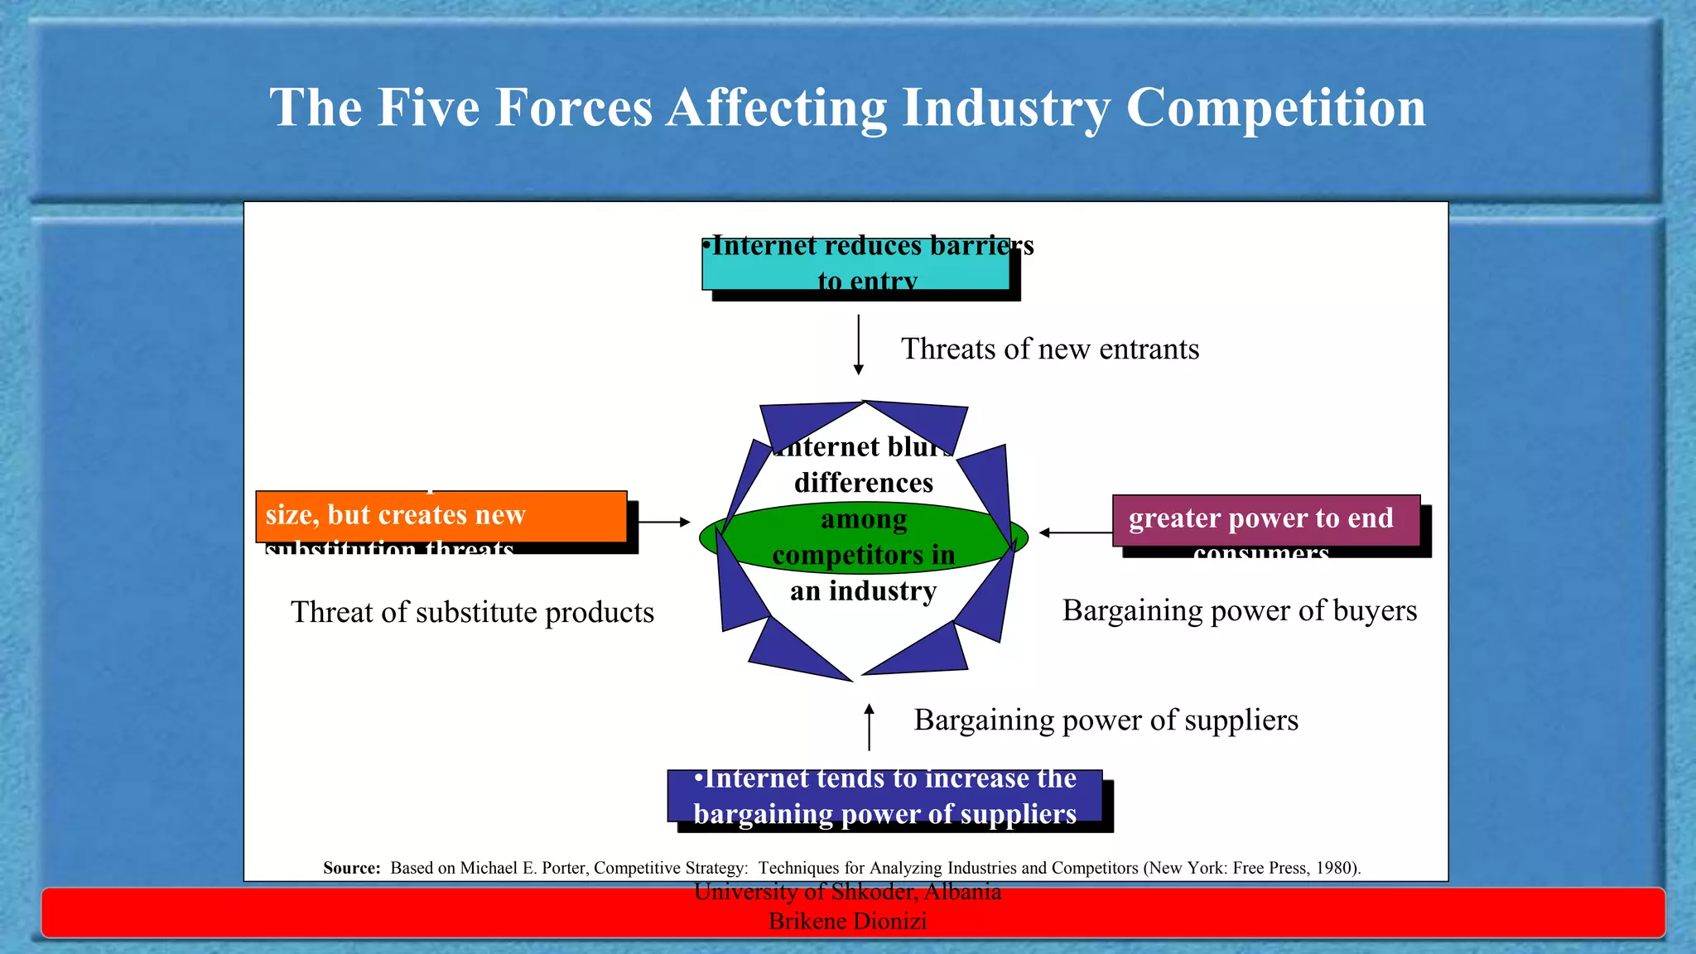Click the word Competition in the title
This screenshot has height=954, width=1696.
click(x=1275, y=108)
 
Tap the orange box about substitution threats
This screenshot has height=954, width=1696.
click(x=441, y=517)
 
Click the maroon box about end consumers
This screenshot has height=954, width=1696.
click(x=1265, y=520)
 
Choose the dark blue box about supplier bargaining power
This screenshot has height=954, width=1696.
click(x=884, y=797)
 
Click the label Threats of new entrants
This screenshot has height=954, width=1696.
click(x=1049, y=349)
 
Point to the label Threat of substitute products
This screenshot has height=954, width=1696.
click(x=472, y=613)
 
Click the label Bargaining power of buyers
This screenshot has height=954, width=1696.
click(x=1239, y=611)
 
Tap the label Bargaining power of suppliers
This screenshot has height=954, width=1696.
click(x=1106, y=720)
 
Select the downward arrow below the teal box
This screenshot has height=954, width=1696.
click(x=859, y=344)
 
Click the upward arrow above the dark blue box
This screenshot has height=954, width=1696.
click(x=869, y=727)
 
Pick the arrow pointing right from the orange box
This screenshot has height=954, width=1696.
click(x=664, y=522)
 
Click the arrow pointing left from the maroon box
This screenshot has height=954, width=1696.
click(x=1075, y=532)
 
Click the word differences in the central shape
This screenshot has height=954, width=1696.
click(x=864, y=483)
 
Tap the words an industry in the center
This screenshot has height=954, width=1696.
click(x=864, y=591)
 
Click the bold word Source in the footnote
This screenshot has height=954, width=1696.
click(x=351, y=868)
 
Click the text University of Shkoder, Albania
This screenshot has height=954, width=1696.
click(x=847, y=892)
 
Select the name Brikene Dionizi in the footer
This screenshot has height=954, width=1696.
click(x=847, y=921)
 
